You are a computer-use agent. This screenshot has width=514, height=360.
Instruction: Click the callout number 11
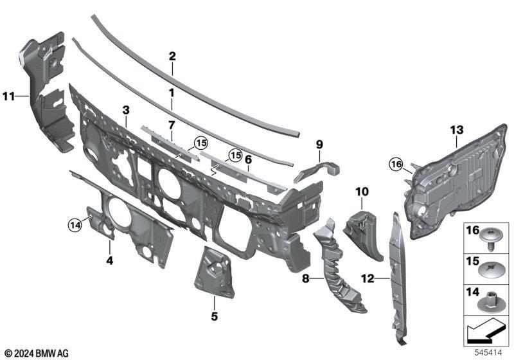point(9,96)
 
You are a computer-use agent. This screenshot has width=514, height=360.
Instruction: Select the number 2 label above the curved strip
point(172,57)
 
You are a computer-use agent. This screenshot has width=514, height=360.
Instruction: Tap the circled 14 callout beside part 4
point(75,225)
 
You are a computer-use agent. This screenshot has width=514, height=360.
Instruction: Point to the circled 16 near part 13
point(396,164)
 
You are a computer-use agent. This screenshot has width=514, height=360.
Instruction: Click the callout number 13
point(457,130)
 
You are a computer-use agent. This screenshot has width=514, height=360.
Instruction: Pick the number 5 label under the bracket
point(214,316)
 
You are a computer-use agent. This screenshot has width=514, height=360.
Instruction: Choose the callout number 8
point(306,279)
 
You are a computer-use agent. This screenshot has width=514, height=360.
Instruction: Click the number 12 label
point(368,279)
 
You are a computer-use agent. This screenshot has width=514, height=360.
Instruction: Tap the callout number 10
point(362,192)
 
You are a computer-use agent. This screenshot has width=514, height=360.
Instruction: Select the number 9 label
point(319,145)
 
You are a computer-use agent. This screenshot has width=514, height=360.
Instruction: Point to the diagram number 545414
point(489,353)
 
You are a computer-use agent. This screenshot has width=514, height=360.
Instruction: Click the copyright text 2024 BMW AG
point(37,353)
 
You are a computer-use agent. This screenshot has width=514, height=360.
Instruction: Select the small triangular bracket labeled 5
point(215,272)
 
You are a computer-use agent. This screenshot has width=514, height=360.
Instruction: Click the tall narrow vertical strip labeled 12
point(398,279)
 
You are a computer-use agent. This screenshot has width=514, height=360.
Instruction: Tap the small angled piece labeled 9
point(317,170)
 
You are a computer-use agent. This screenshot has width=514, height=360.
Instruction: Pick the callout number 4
point(109,261)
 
